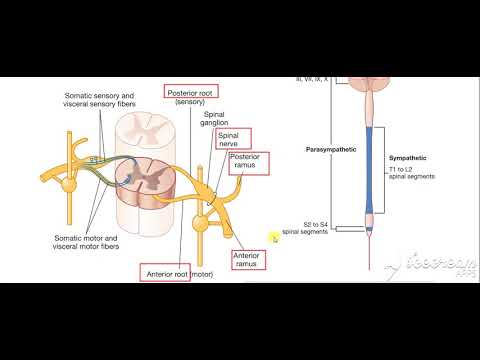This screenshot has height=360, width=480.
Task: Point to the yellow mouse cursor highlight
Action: coord(273,237)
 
